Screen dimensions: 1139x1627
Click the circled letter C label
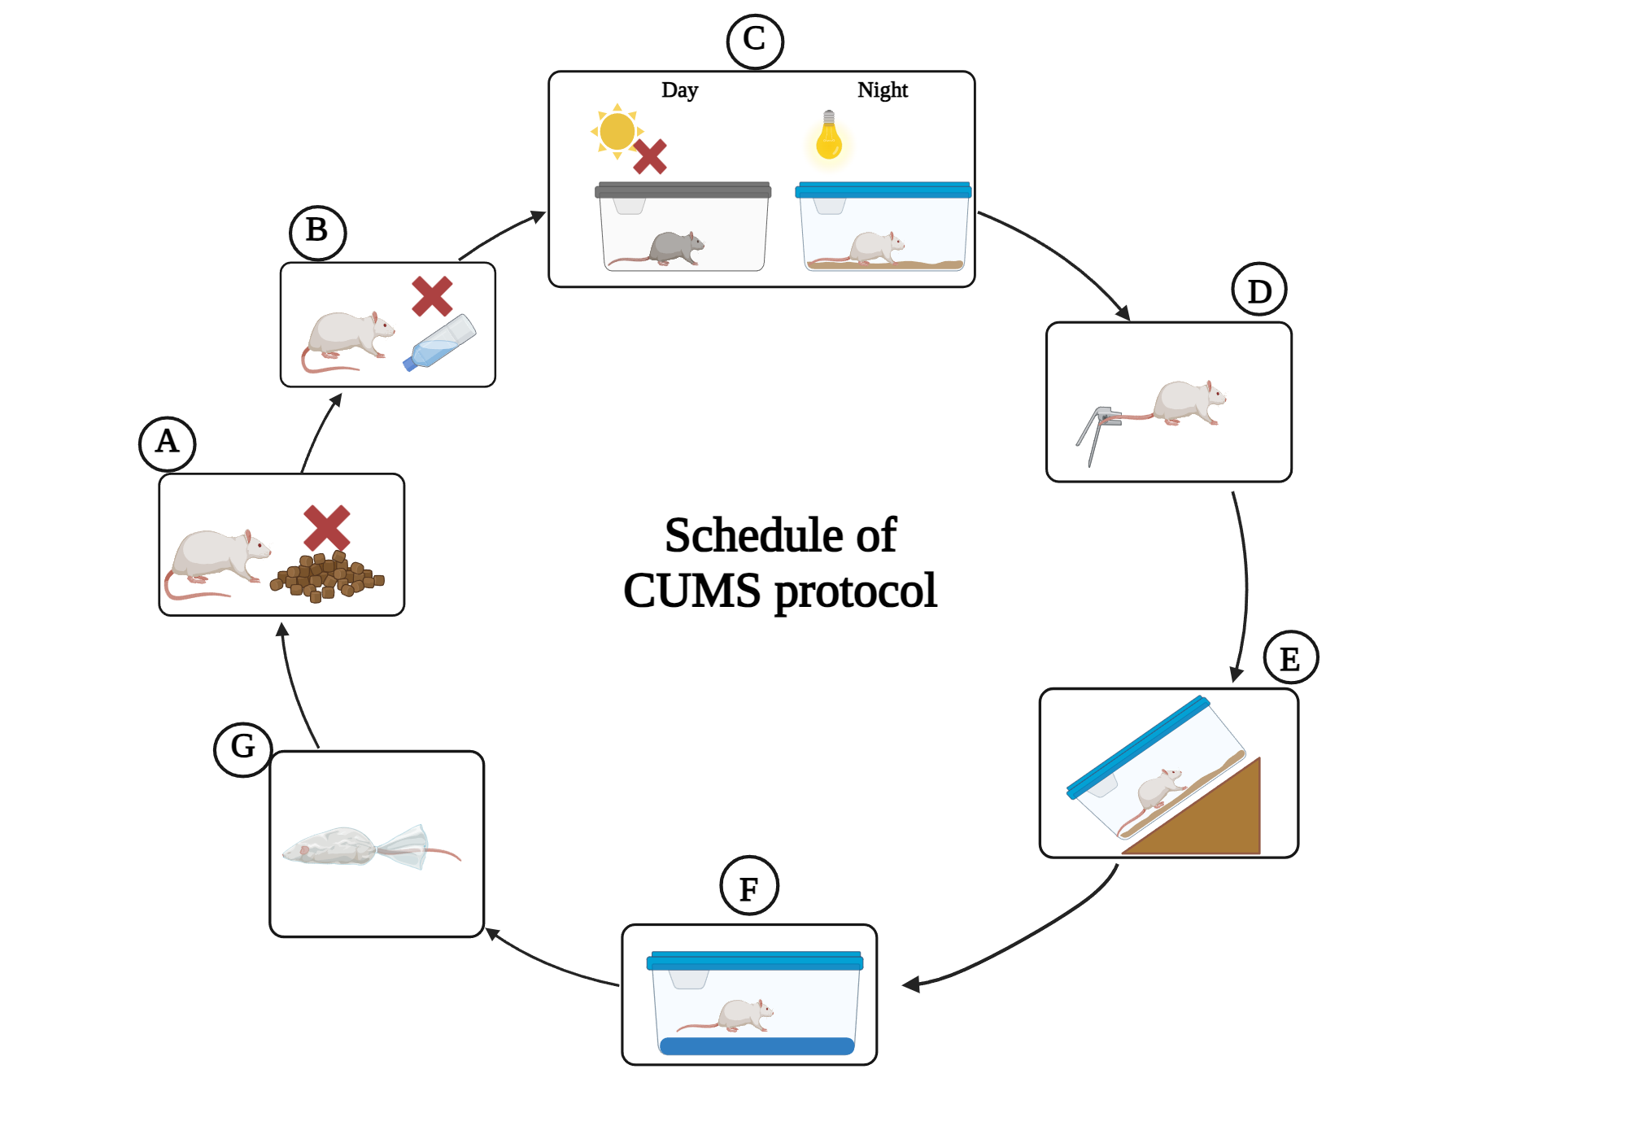(x=754, y=41)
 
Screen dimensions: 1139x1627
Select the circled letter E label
(x=1290, y=657)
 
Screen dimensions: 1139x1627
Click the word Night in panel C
(x=882, y=90)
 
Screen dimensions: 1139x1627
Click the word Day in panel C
(x=679, y=90)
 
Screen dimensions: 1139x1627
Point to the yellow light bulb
(x=828, y=138)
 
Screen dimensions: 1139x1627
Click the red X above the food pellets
(x=326, y=527)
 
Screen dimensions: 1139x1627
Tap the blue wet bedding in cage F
(x=756, y=1045)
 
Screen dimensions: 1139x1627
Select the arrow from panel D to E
(x=1245, y=586)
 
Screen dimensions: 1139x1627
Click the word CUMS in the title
(x=691, y=591)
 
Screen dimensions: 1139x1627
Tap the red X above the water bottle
(x=431, y=296)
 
